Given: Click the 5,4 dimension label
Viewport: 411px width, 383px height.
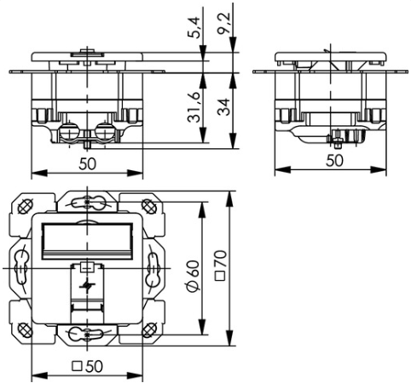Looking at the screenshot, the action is click(x=194, y=28).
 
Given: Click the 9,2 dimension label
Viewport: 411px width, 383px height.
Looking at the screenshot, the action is click(x=224, y=24).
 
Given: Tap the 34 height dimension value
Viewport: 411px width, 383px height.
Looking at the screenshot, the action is click(x=224, y=107).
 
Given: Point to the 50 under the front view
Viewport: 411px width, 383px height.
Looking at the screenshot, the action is click(x=87, y=164).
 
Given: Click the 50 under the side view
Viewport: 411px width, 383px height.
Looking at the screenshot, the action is click(x=334, y=161).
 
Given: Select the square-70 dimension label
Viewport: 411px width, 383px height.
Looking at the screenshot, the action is click(x=221, y=266).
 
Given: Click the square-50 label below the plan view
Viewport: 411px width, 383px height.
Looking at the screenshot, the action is click(x=87, y=366).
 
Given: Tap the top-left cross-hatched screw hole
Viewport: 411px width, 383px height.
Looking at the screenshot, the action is click(x=25, y=206).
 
